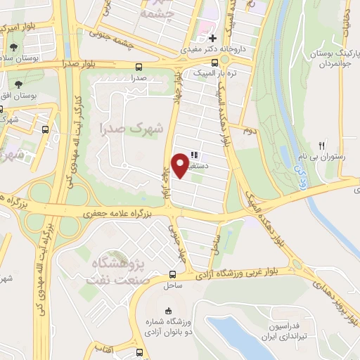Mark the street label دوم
pos(247,131)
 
